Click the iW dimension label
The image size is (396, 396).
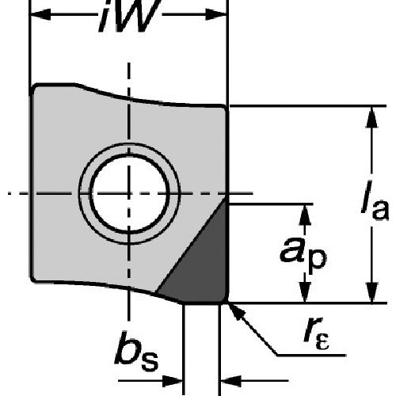click(x=129, y=16)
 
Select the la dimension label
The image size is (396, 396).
click(x=375, y=200)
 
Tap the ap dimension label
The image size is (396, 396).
click(x=303, y=253)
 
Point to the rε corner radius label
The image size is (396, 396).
click(x=316, y=333)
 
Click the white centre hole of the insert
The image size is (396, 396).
click(x=129, y=193)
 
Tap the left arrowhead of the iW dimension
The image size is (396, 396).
click(x=40, y=14)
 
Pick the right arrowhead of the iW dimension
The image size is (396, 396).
click(x=216, y=14)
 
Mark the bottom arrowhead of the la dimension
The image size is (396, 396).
click(x=371, y=291)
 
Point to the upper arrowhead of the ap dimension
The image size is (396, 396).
click(x=305, y=215)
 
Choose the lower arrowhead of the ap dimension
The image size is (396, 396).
click(x=305, y=292)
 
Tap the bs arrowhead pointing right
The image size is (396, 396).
click(x=172, y=381)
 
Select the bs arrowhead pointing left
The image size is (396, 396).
click(x=230, y=381)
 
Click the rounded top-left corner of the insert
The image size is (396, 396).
click(x=33, y=87)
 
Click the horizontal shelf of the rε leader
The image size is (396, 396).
click(x=311, y=356)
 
